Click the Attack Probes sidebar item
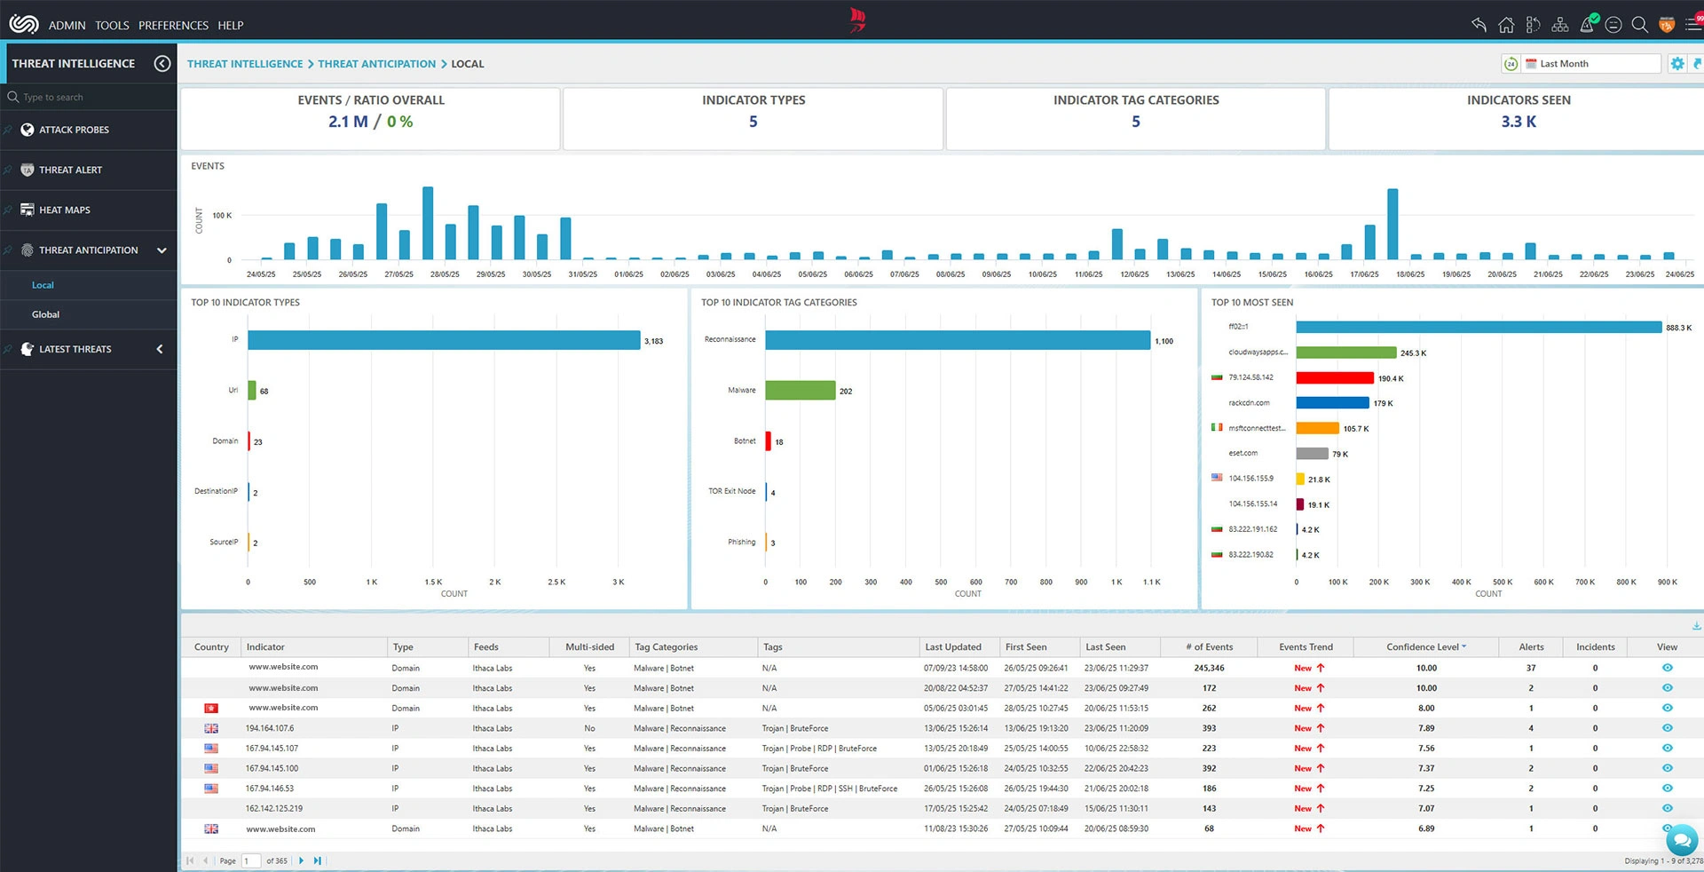point(74,130)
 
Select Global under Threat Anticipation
point(46,314)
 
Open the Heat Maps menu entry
point(64,210)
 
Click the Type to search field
point(89,98)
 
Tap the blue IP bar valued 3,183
point(444,340)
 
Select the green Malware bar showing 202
point(800,391)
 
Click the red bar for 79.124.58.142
point(1334,378)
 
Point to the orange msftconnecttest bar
point(1317,429)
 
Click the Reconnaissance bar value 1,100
point(1164,341)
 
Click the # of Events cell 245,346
point(1209,668)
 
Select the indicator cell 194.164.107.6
point(270,728)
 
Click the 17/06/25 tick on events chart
point(1364,274)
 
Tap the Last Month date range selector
point(1591,64)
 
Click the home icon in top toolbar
point(1506,25)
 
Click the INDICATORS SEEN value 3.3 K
point(1519,122)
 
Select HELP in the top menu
point(231,26)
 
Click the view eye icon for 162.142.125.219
point(1667,809)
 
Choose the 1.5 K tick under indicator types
point(433,583)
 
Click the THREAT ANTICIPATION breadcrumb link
point(376,64)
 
